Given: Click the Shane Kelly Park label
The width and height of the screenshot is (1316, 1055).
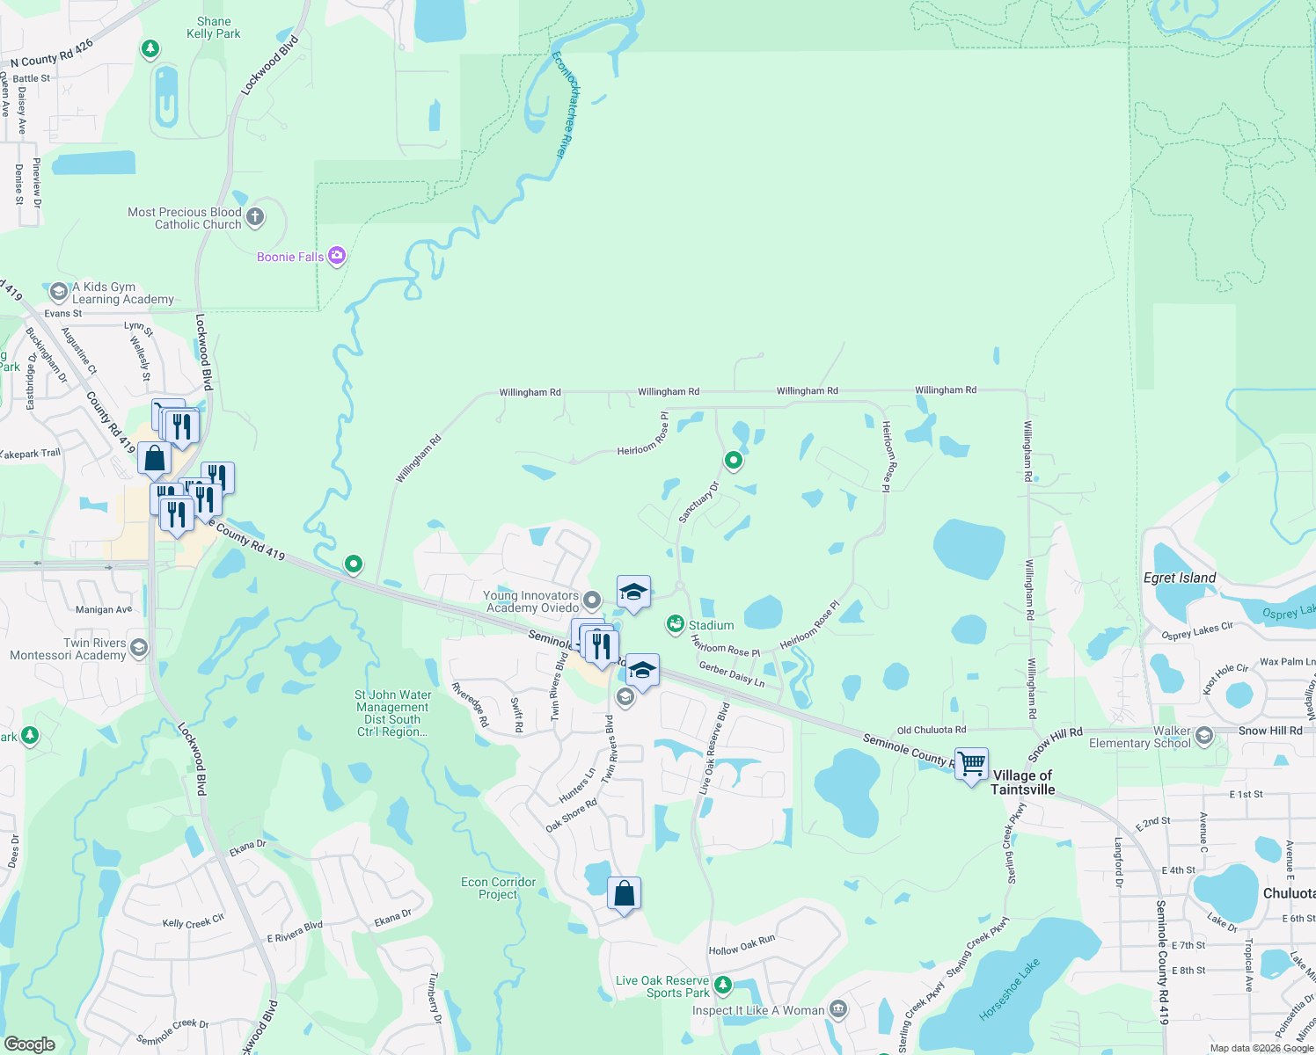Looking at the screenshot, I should coord(214,27).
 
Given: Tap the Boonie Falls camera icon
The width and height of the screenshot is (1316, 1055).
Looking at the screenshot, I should coord(336,256).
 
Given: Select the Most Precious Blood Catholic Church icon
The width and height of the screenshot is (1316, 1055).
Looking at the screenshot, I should coord(255,217).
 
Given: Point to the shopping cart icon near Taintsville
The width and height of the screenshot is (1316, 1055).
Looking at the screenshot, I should coord(971,764).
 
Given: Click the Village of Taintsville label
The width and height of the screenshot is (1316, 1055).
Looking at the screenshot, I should coord(1022,782).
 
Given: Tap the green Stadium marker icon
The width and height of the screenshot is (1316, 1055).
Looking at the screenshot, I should coord(675,624).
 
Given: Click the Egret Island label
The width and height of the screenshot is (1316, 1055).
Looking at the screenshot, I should coord(1179,578).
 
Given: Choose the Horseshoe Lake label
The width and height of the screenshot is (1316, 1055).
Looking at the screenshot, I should coord(1009,990).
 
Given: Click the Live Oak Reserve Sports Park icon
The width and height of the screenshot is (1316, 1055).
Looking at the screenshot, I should coord(722,984).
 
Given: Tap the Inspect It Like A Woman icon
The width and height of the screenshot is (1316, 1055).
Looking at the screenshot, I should coord(838,1009).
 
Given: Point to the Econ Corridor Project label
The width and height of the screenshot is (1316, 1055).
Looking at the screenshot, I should coord(498,888).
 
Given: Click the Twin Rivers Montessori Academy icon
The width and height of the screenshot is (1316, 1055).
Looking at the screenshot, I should coord(138,648).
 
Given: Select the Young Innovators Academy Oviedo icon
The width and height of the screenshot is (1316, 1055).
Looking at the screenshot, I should coord(592,600).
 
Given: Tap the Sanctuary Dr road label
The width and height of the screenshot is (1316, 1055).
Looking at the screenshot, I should coord(698,502).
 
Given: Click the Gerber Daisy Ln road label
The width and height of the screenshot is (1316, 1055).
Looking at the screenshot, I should coord(731,674).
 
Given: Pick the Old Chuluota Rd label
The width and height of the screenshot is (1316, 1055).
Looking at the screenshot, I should coord(931,730).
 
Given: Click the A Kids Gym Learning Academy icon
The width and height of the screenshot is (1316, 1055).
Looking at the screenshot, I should coord(59,292).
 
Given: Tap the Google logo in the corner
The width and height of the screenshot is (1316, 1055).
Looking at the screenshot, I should coord(29,1044).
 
